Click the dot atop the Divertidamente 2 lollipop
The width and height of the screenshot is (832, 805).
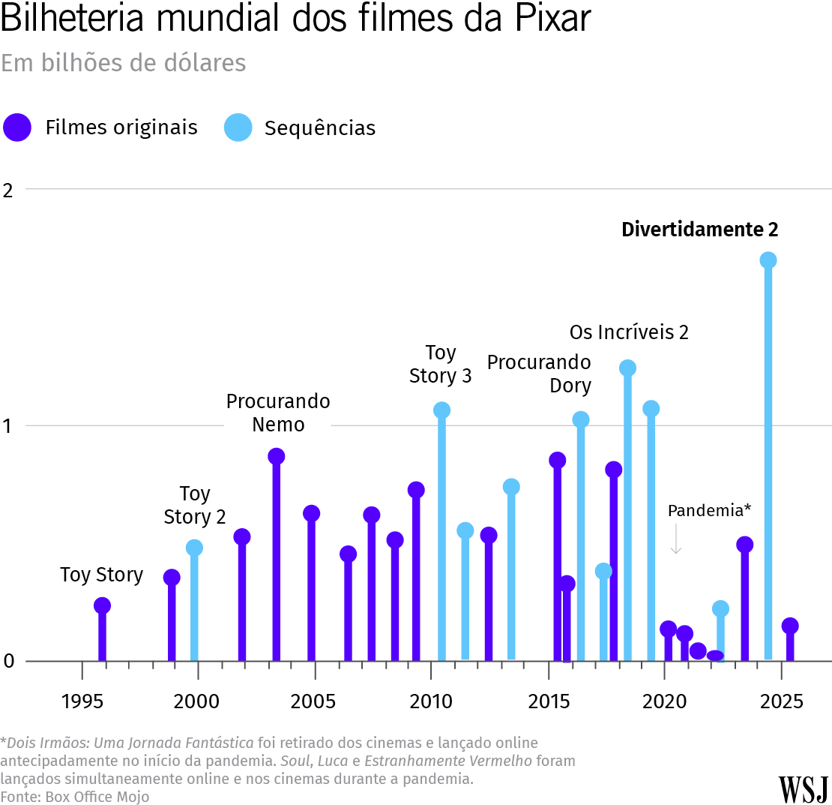(768, 260)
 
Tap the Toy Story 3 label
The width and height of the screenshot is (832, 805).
(441, 365)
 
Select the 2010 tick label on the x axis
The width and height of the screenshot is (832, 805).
(430, 702)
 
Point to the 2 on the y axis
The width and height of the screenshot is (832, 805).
(8, 190)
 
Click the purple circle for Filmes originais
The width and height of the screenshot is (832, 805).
(16, 128)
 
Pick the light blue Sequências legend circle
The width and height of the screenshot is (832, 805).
(237, 128)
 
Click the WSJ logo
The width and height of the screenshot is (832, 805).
(803, 789)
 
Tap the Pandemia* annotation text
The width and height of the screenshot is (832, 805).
(709, 511)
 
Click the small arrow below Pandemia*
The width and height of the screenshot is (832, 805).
(675, 539)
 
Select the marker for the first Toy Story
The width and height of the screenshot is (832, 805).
(102, 605)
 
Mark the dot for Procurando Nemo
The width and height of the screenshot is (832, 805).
(276, 456)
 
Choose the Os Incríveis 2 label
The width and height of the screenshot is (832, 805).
(629, 332)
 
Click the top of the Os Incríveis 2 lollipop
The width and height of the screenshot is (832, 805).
(627, 368)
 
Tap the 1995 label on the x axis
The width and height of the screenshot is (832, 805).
(82, 702)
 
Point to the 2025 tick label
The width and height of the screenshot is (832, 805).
(781, 702)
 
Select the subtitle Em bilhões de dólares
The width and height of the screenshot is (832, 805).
(124, 63)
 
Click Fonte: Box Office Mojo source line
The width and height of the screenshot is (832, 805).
(75, 796)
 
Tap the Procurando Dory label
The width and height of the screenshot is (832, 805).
(539, 374)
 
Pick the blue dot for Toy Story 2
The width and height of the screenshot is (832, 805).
(194, 548)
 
